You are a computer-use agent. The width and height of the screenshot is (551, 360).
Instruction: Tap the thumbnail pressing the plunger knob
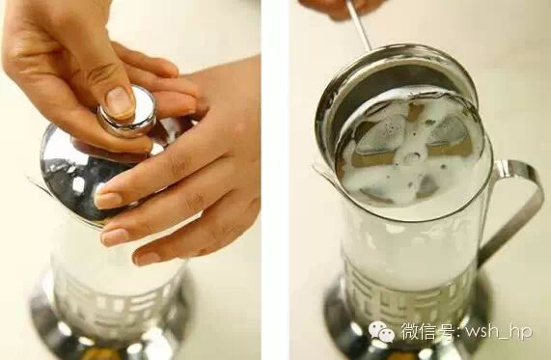(120, 102)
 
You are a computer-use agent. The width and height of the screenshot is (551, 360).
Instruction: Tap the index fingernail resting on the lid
(108, 200)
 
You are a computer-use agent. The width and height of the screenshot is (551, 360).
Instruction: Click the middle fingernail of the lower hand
(115, 237)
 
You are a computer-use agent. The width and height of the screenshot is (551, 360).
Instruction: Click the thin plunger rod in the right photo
(359, 25)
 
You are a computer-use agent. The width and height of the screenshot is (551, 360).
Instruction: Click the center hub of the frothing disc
(415, 154)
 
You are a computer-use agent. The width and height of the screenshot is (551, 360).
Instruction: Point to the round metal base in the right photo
(404, 327)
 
